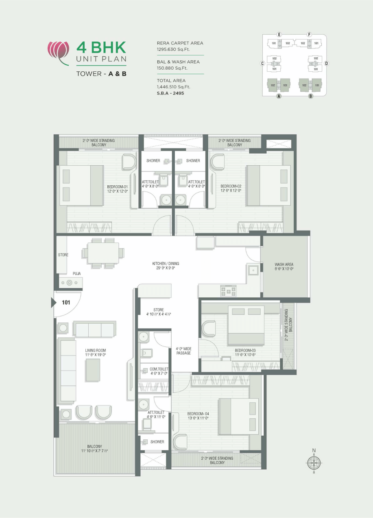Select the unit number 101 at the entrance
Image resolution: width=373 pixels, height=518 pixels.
point(66,303)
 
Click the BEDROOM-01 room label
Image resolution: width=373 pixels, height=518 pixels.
point(117,189)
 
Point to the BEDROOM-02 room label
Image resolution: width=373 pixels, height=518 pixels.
point(231,189)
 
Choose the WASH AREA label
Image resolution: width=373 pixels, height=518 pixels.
point(284,267)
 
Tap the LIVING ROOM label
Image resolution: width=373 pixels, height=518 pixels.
point(96,353)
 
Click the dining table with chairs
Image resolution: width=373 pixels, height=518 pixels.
point(103,253)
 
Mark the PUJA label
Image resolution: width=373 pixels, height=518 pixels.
point(76,274)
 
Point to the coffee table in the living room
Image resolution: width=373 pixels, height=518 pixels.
point(93,370)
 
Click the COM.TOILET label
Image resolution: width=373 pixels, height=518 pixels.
point(159,371)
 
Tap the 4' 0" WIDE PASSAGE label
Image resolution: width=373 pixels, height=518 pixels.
point(183,351)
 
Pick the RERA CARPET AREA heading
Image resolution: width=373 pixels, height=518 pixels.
point(180,43)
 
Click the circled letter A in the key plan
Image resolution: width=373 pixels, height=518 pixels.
point(279,97)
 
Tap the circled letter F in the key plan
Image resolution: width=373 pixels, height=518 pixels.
point(309,35)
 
